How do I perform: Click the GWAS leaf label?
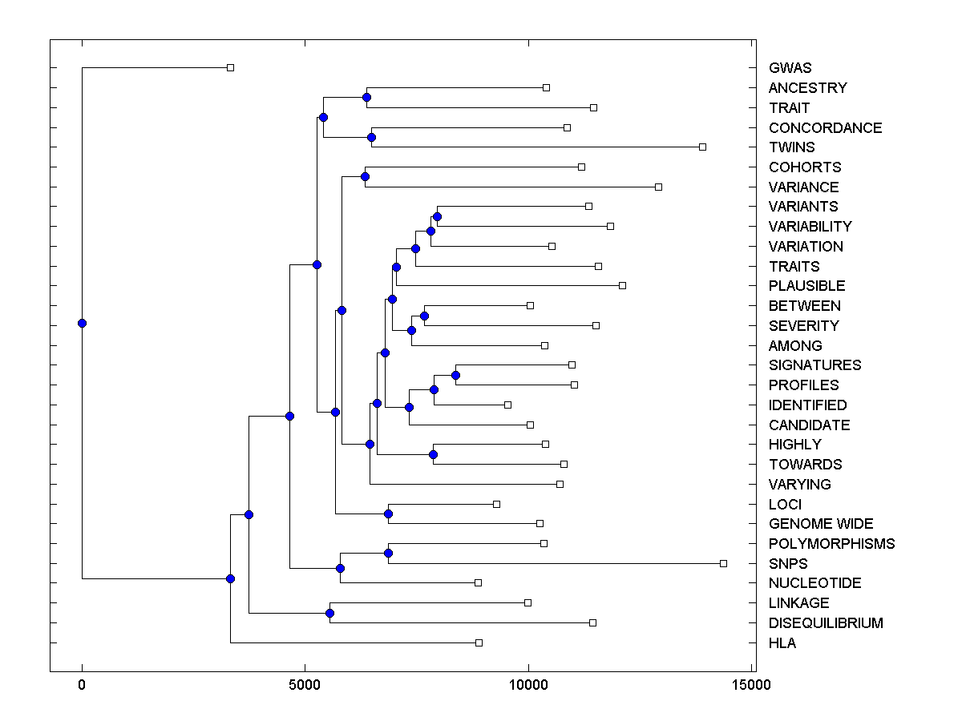pyautogui.click(x=790, y=68)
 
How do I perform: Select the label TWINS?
pyautogui.click(x=791, y=147)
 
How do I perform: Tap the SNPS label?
pyautogui.click(x=788, y=563)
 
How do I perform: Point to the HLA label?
pyautogui.click(x=782, y=642)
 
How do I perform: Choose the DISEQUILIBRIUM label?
pyautogui.click(x=826, y=623)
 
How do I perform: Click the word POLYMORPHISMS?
pyautogui.click(x=831, y=544)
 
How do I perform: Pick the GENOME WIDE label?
pyautogui.click(x=821, y=524)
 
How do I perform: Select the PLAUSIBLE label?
pyautogui.click(x=806, y=286)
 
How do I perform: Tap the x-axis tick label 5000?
pyautogui.click(x=305, y=685)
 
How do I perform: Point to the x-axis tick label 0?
pyautogui.click(x=82, y=685)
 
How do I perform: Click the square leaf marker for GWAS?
pyautogui.click(x=230, y=67)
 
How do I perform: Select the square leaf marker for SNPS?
pyautogui.click(x=723, y=563)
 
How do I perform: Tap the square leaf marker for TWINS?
pyautogui.click(x=702, y=147)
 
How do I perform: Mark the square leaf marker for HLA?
pyautogui.click(x=479, y=642)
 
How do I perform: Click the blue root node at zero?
pyautogui.click(x=82, y=323)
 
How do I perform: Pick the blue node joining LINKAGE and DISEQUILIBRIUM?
pyautogui.click(x=329, y=613)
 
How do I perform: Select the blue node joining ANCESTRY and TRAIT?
pyautogui.click(x=366, y=98)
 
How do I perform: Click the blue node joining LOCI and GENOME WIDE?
pyautogui.click(x=388, y=514)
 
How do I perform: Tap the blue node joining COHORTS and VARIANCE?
pyautogui.click(x=365, y=176)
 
